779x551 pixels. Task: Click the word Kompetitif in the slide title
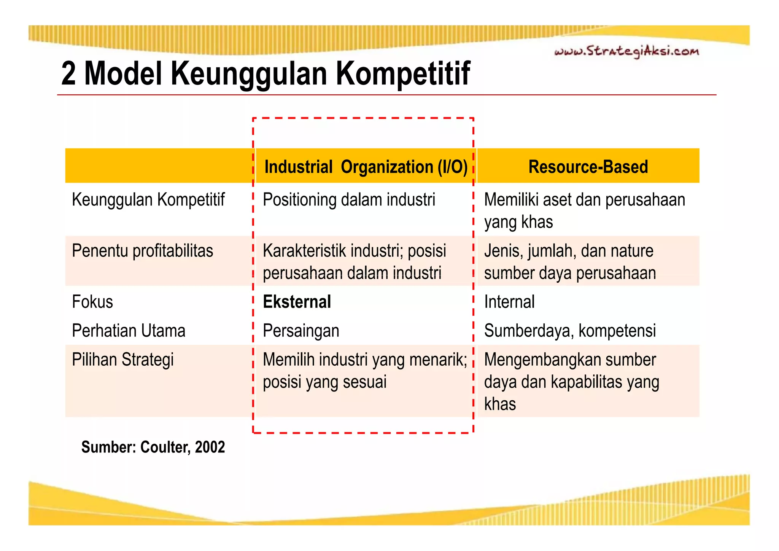[403, 73]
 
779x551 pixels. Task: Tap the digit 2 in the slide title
[68, 73]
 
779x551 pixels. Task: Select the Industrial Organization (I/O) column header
[366, 167]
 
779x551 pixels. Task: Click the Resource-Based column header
[588, 167]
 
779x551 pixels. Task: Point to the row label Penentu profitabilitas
[142, 251]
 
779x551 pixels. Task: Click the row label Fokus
[92, 302]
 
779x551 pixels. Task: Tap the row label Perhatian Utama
[129, 331]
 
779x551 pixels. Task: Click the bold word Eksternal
[297, 302]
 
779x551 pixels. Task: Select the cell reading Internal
[509, 302]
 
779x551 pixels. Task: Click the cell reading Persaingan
[301, 331]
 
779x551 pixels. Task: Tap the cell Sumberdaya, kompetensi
[570, 331]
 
